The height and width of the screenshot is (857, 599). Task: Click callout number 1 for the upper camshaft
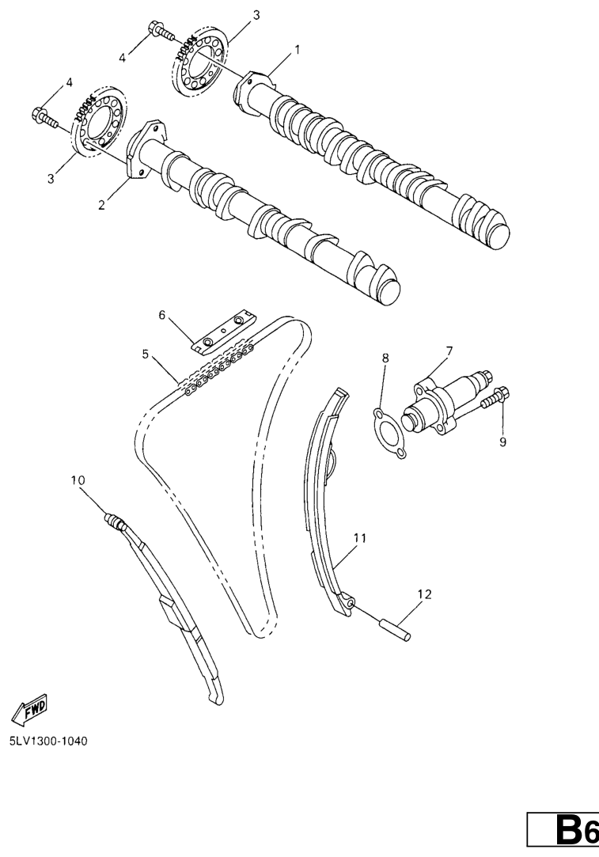pyautogui.click(x=298, y=50)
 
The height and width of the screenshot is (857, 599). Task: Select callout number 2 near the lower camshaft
pyautogui.click(x=101, y=205)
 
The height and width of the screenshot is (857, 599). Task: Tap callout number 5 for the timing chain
pyautogui.click(x=146, y=355)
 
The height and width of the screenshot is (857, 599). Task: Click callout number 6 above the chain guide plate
pyautogui.click(x=161, y=315)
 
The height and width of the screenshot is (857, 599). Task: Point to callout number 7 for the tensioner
pyautogui.click(x=449, y=351)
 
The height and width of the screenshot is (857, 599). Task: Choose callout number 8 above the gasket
pyautogui.click(x=385, y=358)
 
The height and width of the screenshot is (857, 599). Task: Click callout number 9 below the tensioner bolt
pyautogui.click(x=502, y=442)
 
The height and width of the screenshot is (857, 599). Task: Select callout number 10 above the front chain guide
pyautogui.click(x=78, y=480)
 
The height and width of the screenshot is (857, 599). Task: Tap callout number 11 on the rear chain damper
pyautogui.click(x=359, y=538)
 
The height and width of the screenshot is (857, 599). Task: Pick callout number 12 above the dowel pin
pyautogui.click(x=425, y=594)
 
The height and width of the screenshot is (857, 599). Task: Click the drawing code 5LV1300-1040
pyautogui.click(x=48, y=741)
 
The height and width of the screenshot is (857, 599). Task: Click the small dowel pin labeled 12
pyautogui.click(x=394, y=628)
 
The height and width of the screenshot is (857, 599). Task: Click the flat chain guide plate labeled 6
pyautogui.click(x=223, y=332)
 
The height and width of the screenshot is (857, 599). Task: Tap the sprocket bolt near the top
pyautogui.click(x=161, y=31)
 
